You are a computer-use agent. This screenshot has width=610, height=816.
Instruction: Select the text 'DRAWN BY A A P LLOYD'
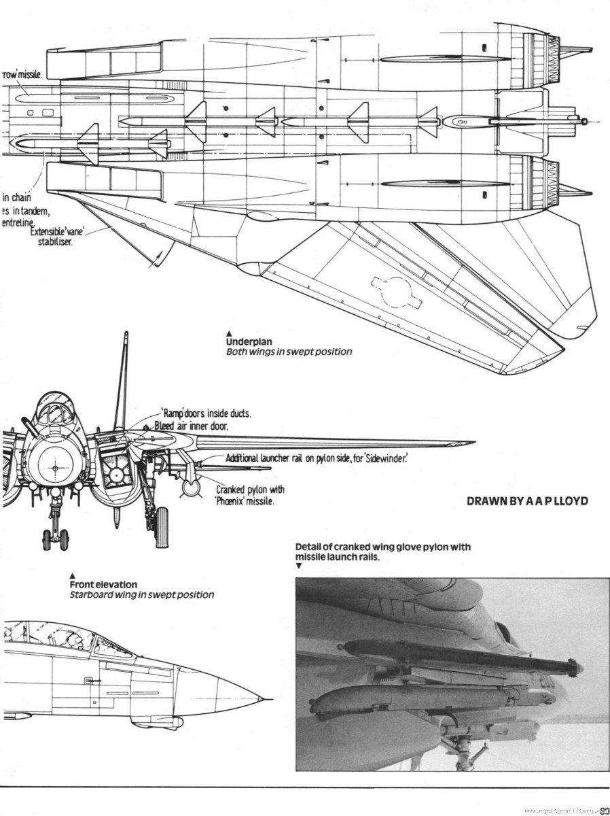[x=526, y=502]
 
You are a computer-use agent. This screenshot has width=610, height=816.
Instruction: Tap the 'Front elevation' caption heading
[x=103, y=584]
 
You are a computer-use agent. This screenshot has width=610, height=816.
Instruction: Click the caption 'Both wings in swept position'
[x=289, y=352]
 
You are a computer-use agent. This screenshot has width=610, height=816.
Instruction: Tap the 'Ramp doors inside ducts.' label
[x=206, y=413]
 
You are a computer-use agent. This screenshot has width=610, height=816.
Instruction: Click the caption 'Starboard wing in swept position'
[x=141, y=595]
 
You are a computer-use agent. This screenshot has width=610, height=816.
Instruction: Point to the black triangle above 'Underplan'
[x=230, y=333]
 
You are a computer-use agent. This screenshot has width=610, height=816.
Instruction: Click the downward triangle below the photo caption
[x=299, y=565]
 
